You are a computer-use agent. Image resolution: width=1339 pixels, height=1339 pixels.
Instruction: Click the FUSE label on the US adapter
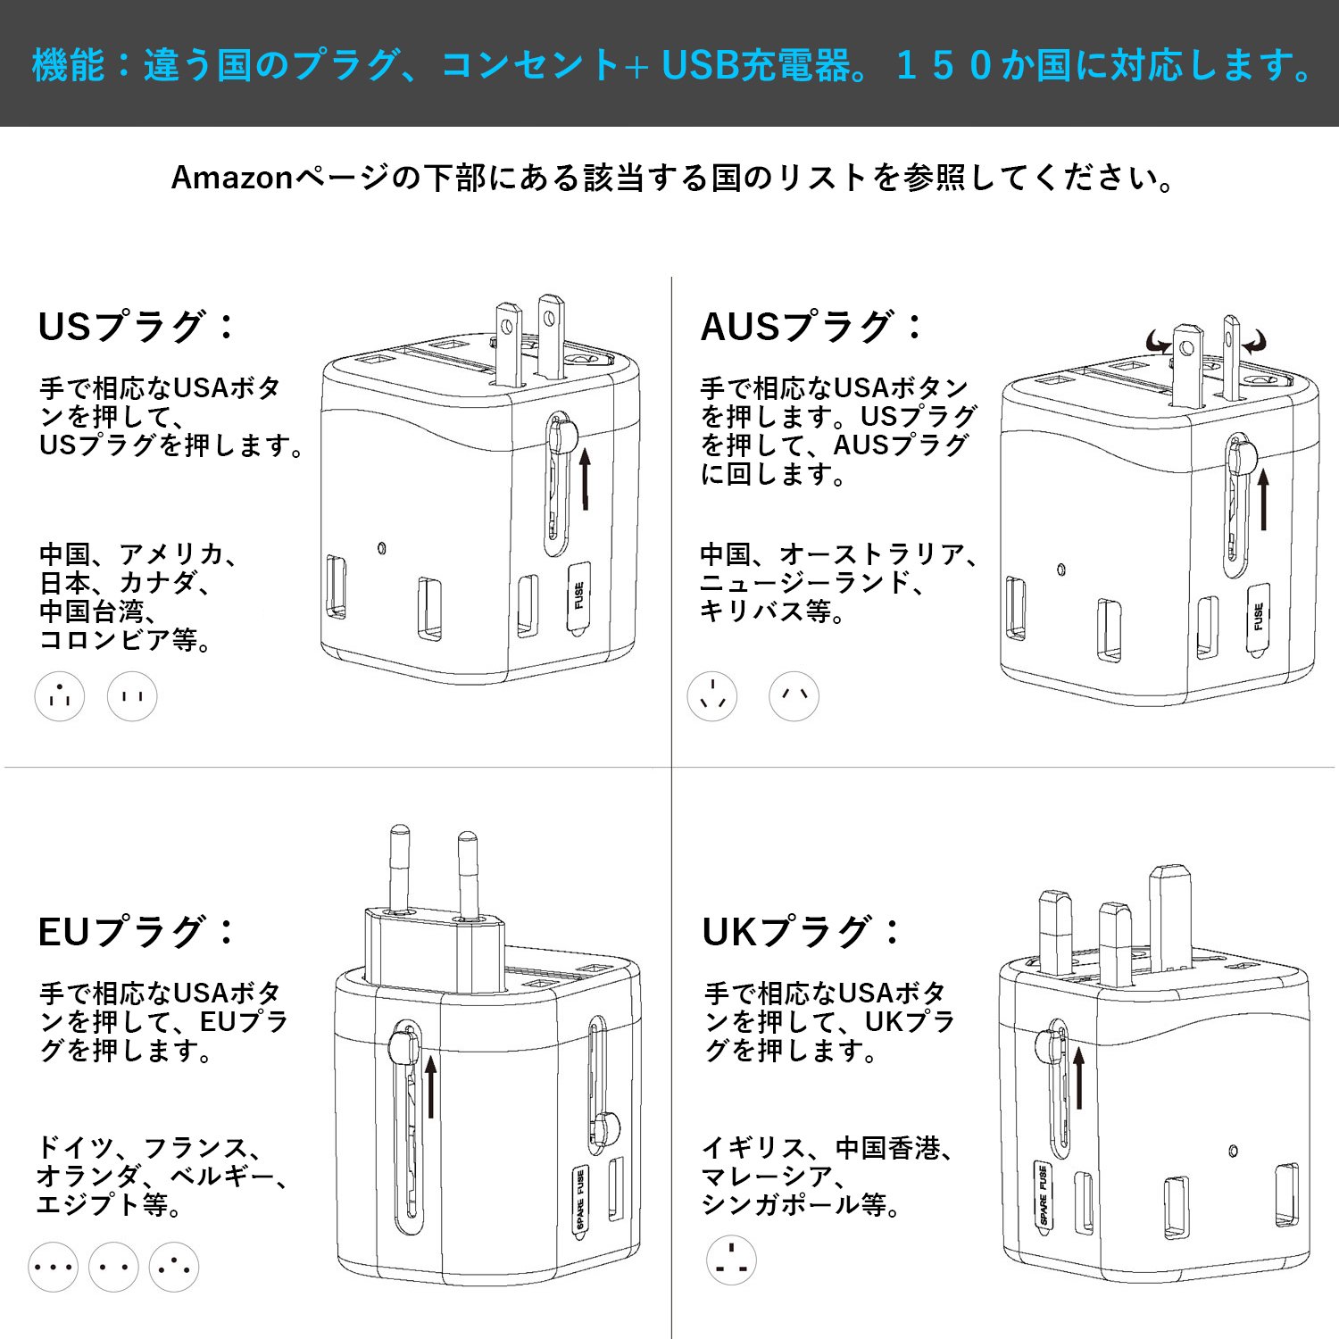tap(579, 596)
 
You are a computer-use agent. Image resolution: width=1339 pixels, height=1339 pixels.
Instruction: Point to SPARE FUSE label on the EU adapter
tap(580, 1200)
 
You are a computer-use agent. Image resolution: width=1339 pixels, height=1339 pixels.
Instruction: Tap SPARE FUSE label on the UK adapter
tap(1042, 1195)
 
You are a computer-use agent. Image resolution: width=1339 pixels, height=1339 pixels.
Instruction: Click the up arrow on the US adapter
tap(586, 478)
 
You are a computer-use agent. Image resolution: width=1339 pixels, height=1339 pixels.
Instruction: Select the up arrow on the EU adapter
tap(431, 1086)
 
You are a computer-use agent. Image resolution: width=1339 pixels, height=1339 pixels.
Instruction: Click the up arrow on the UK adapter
tap(1078, 1078)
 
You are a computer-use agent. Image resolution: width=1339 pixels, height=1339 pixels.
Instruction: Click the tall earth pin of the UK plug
tap(1170, 918)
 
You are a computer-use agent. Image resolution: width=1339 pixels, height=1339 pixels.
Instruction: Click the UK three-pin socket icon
tap(731, 1260)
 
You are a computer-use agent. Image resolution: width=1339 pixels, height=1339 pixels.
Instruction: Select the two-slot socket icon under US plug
tap(132, 696)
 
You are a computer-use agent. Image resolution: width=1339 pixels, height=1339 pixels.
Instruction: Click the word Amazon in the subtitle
tap(232, 178)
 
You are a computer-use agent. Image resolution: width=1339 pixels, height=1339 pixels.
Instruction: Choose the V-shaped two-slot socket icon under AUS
tap(794, 696)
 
